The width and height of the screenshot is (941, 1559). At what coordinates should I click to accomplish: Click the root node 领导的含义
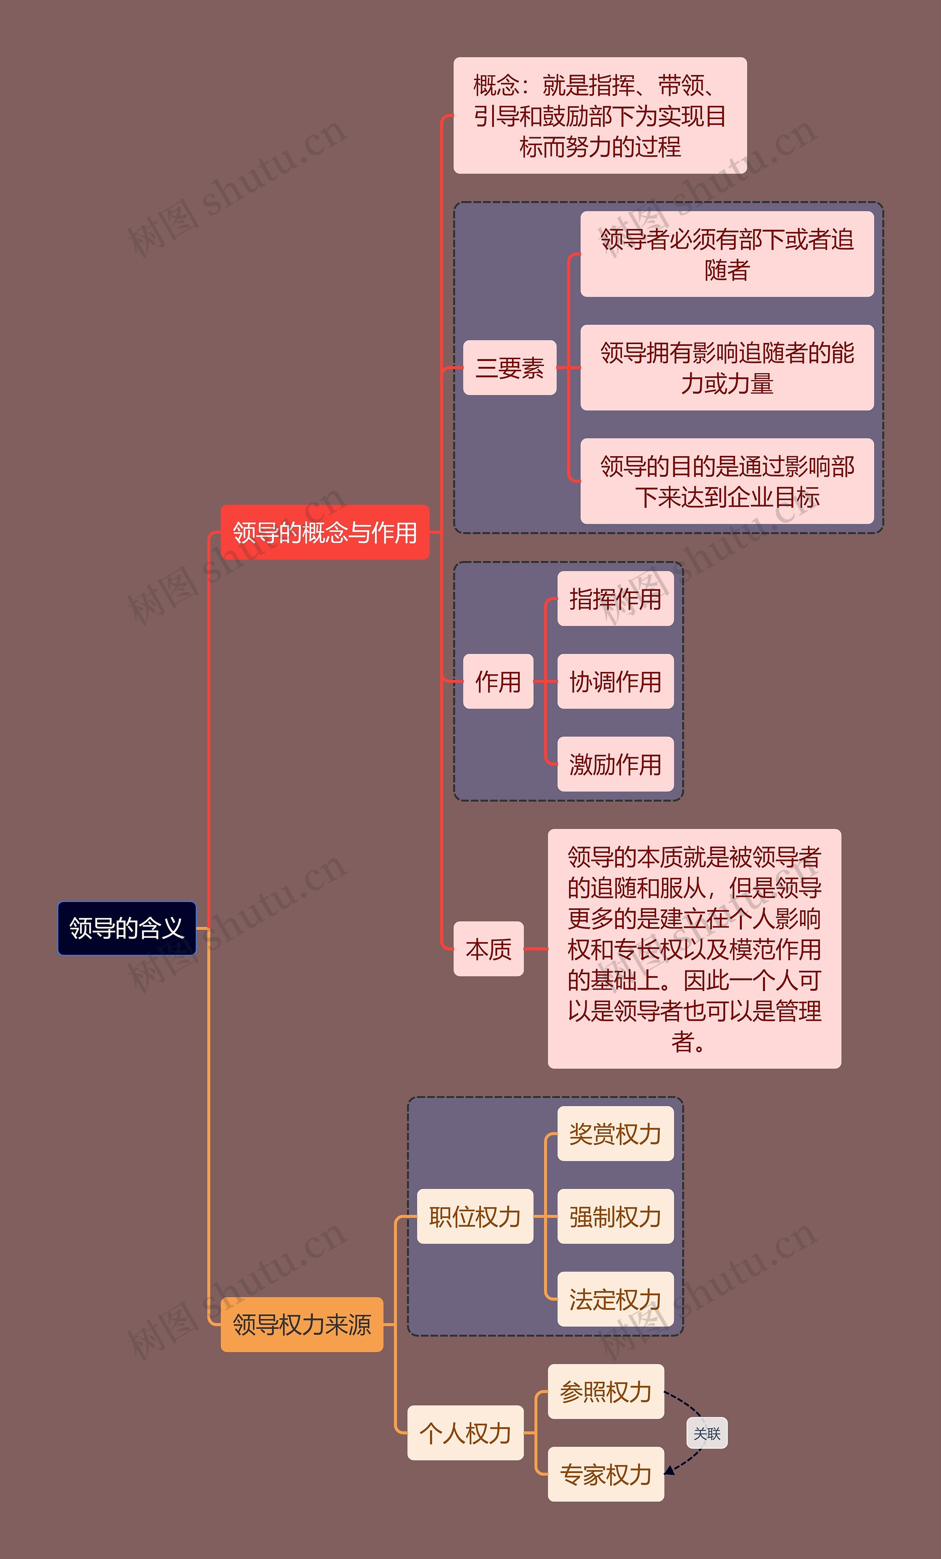[126, 928]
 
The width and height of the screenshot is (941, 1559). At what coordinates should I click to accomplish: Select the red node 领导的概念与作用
[325, 532]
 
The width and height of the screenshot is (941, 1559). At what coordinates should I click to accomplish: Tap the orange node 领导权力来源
[302, 1324]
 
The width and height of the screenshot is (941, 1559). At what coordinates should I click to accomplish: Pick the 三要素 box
[509, 368]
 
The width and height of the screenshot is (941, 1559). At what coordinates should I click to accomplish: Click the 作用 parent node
[498, 682]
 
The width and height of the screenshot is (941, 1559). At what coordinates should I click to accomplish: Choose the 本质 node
[489, 949]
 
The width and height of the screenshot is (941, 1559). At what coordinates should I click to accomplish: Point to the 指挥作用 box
[615, 598]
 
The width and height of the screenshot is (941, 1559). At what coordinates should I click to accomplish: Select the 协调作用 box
[615, 682]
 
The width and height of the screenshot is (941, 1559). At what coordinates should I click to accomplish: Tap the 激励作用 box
[615, 764]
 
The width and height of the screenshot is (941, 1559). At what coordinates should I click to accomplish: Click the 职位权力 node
[475, 1216]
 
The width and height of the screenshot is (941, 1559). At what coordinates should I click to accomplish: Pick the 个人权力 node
[465, 1433]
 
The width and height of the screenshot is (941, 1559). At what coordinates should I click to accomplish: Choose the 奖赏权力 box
[615, 1134]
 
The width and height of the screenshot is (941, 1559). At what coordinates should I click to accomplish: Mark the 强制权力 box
[615, 1216]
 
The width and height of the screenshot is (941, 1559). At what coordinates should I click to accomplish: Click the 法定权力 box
[615, 1299]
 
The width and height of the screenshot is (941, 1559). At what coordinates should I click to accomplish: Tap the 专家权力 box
[606, 1474]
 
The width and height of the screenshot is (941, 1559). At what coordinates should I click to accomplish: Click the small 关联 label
[707, 1434]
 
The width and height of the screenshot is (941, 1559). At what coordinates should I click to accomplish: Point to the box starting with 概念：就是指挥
[600, 116]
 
